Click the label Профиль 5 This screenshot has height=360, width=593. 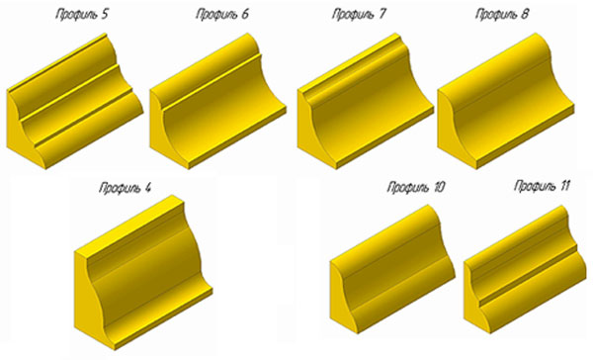(x=82, y=15)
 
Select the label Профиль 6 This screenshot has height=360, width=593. (x=222, y=15)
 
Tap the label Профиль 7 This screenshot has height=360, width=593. (x=359, y=15)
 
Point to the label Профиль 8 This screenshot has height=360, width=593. (x=502, y=15)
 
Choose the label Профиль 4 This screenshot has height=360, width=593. (x=126, y=187)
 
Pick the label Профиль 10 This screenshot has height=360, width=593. (x=416, y=187)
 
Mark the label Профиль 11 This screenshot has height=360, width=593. (x=542, y=186)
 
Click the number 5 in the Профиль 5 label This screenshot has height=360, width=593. (x=104, y=14)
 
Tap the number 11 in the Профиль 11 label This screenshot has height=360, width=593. (x=563, y=186)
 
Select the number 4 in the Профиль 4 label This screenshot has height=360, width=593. (x=146, y=187)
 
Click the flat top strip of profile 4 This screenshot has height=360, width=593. (x=129, y=225)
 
